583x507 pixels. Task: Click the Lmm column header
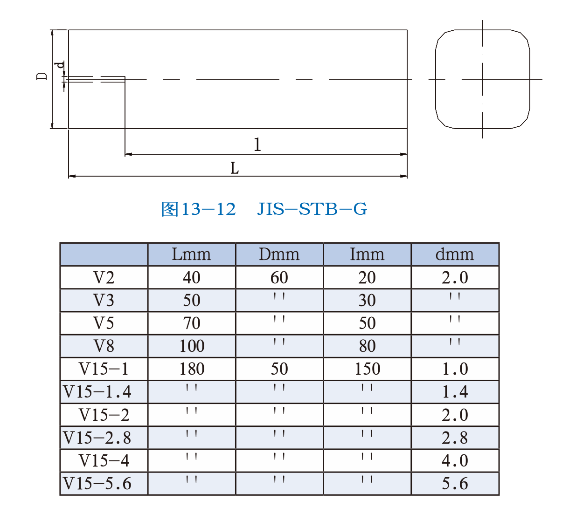coord(191,254)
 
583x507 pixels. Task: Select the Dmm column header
coord(279,254)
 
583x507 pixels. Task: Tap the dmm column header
coord(454,254)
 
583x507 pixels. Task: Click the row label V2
coord(104,277)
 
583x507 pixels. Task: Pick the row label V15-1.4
coord(97,392)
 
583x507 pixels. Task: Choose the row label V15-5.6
coord(97,483)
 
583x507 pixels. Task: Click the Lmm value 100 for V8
coord(192,346)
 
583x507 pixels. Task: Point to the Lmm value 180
coord(192,369)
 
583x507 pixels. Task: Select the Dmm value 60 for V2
coord(279,277)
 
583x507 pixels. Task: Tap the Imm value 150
coord(368,369)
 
